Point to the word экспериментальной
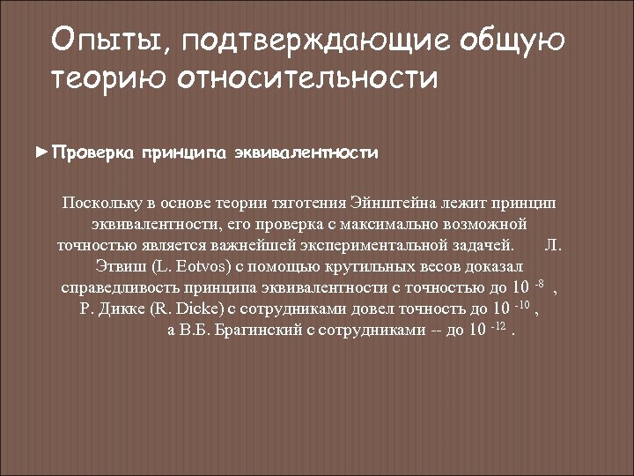coord(372,244)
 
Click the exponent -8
coord(540,283)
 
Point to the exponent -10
coord(523,305)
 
